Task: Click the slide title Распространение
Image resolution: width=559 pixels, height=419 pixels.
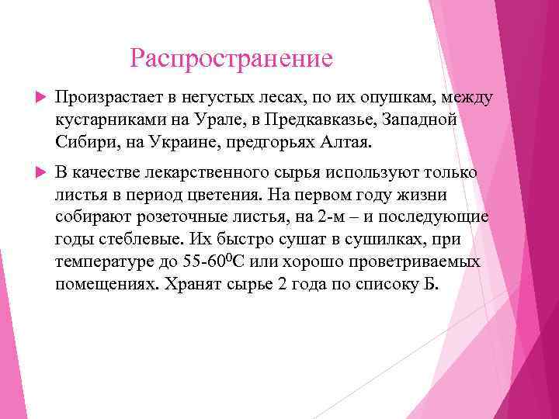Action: (231, 58)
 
